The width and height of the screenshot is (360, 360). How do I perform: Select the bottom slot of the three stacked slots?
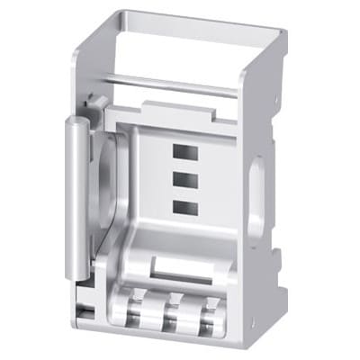tap(185, 207)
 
